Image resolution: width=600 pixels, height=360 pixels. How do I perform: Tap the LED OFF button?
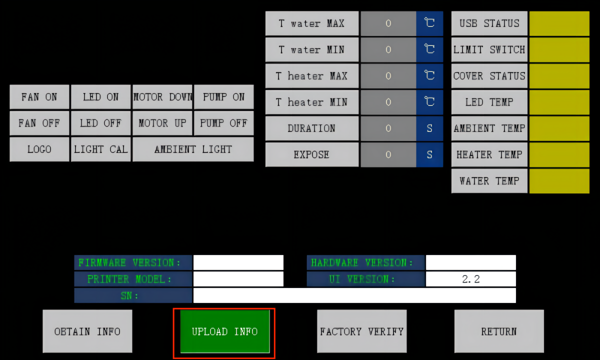click(x=100, y=123)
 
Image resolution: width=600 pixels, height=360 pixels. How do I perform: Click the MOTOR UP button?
click(x=162, y=123)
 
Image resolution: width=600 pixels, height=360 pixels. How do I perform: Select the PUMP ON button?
click(x=223, y=97)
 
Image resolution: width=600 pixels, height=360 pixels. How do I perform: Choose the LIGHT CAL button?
click(x=100, y=149)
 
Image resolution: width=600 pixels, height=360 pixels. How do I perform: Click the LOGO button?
click(x=39, y=149)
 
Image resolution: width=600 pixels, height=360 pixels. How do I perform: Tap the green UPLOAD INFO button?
click(x=225, y=331)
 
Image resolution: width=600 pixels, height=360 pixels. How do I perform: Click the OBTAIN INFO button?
click(x=87, y=331)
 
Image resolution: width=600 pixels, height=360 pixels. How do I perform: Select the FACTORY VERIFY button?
click(x=362, y=331)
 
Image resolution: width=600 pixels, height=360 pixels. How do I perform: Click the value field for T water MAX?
click(x=388, y=23)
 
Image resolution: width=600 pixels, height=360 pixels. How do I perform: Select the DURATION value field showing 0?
click(x=388, y=128)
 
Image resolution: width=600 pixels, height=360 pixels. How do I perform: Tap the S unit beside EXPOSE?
click(x=429, y=155)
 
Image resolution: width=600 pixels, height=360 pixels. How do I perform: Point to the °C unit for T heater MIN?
click(x=429, y=102)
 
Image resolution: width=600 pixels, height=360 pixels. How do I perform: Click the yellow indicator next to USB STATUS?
click(x=559, y=23)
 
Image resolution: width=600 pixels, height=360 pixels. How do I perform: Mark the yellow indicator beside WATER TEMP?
click(x=559, y=181)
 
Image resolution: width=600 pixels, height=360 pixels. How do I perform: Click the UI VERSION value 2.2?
click(x=471, y=279)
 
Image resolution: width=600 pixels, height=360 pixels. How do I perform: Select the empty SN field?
click(x=354, y=295)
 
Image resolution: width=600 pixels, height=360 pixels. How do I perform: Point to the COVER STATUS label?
click(x=489, y=76)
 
